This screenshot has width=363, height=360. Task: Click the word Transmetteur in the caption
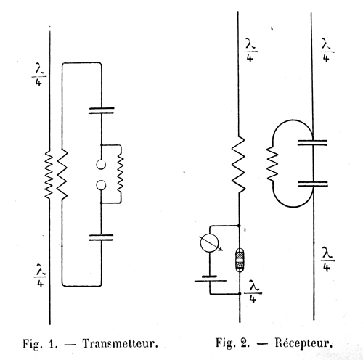point(121,343)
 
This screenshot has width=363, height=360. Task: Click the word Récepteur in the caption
point(303,343)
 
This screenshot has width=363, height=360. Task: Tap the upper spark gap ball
point(101,165)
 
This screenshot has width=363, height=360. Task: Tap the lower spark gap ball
point(101,186)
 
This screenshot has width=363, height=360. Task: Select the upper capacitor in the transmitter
point(102,110)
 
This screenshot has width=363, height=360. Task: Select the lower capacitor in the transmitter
point(101,237)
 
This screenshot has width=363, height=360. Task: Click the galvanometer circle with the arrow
point(210,244)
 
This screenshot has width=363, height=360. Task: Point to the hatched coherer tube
point(240,260)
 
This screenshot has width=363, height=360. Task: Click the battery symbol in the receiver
point(211,279)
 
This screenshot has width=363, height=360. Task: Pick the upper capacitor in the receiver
point(312,142)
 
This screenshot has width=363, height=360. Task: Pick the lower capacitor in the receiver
point(313,184)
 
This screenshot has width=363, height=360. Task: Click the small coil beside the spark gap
point(121,173)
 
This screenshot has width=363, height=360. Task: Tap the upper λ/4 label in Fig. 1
point(39,75)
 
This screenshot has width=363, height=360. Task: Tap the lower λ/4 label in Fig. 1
point(40,276)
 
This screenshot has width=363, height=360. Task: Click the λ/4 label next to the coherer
point(253,292)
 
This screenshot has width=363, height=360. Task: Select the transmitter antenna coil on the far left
point(49,174)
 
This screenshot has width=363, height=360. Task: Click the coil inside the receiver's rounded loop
point(272,164)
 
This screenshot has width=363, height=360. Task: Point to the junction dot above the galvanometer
point(239,226)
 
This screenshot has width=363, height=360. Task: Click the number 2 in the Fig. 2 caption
point(245,343)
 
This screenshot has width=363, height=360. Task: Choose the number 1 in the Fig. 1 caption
point(53,343)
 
